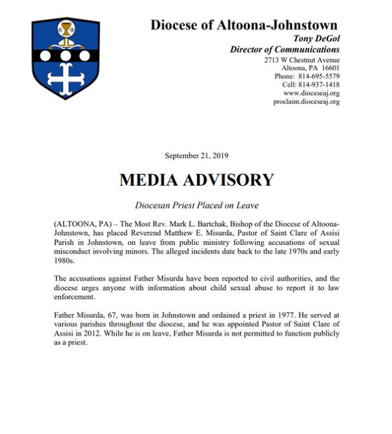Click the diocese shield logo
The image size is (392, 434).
click(65, 58)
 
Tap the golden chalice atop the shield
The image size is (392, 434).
click(65, 28)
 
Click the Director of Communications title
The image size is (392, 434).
click(285, 49)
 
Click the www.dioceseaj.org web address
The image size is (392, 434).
click(311, 93)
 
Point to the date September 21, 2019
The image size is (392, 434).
click(196, 155)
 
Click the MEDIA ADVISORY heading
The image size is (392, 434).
click(196, 180)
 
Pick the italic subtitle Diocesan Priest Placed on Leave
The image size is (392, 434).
click(196, 205)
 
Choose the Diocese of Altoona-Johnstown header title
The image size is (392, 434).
click(244, 25)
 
